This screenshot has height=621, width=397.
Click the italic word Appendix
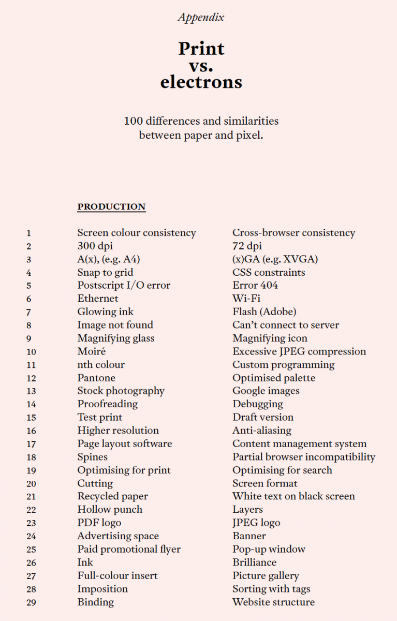point(201,17)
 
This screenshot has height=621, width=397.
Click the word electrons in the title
point(201,82)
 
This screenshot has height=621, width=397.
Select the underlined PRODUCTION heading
point(111,206)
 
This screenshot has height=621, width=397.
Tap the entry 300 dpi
point(95,246)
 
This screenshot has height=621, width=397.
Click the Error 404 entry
point(255,285)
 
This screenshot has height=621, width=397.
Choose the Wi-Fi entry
point(246,299)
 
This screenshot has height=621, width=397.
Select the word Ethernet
point(98,299)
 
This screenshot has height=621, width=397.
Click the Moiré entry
point(92,351)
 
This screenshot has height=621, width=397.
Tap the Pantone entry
point(96,378)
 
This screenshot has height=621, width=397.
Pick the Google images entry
point(266,391)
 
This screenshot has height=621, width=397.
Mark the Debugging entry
point(258,404)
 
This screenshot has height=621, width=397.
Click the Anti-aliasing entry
point(262,431)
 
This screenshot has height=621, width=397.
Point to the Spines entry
point(93,457)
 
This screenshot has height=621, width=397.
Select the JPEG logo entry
point(256,523)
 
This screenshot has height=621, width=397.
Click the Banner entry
point(249,536)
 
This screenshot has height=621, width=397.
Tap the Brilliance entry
point(254,563)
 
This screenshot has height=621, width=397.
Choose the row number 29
point(31,602)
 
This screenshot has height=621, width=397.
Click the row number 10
point(31,352)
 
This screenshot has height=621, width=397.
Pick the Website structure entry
point(273,602)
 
